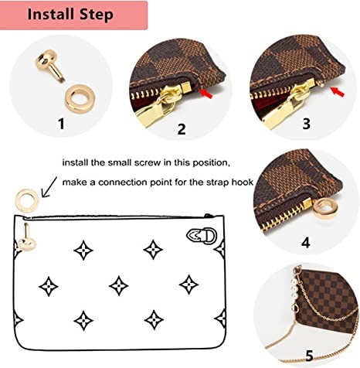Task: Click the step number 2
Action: point(182,130)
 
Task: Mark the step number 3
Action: point(307,123)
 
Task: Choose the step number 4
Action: point(306,242)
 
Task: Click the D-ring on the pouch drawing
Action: point(196,235)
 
